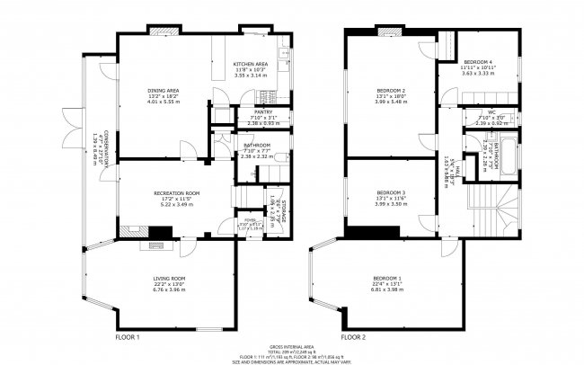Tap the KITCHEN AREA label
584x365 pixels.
click(x=251, y=65)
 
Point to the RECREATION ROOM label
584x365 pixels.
click(x=176, y=193)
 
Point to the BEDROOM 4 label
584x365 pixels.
click(x=477, y=61)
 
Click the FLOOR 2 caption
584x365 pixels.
click(x=353, y=336)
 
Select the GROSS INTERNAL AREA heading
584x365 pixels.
click(x=292, y=346)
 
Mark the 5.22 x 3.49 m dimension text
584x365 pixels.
click(x=176, y=205)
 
